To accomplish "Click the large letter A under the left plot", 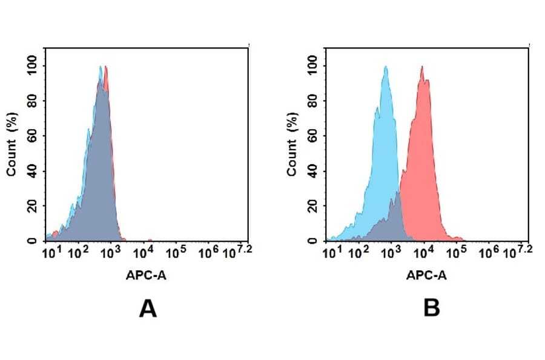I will (x=148, y=309).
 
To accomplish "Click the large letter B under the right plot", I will (x=431, y=309).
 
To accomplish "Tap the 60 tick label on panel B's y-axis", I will (x=313, y=135).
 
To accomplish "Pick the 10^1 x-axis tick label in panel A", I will (x=50, y=251).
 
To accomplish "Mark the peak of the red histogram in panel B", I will (x=422, y=67).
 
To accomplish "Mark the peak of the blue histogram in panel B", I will (x=385, y=67).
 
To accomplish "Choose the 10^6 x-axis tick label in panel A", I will (x=208, y=251).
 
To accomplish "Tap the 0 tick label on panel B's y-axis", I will (x=313, y=241).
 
